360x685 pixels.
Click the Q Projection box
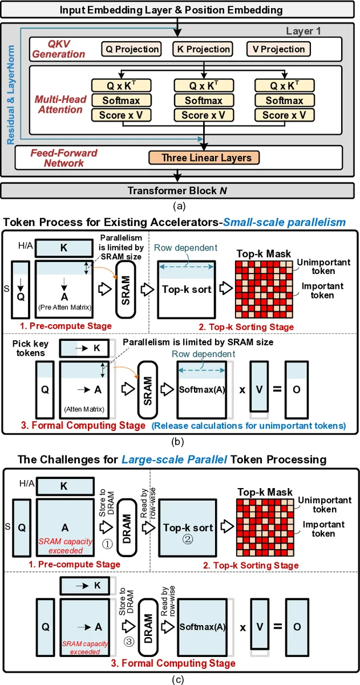[x=131, y=49]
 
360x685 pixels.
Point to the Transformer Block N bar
[x=180, y=191]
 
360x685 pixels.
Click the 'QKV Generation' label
[x=58, y=49]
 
